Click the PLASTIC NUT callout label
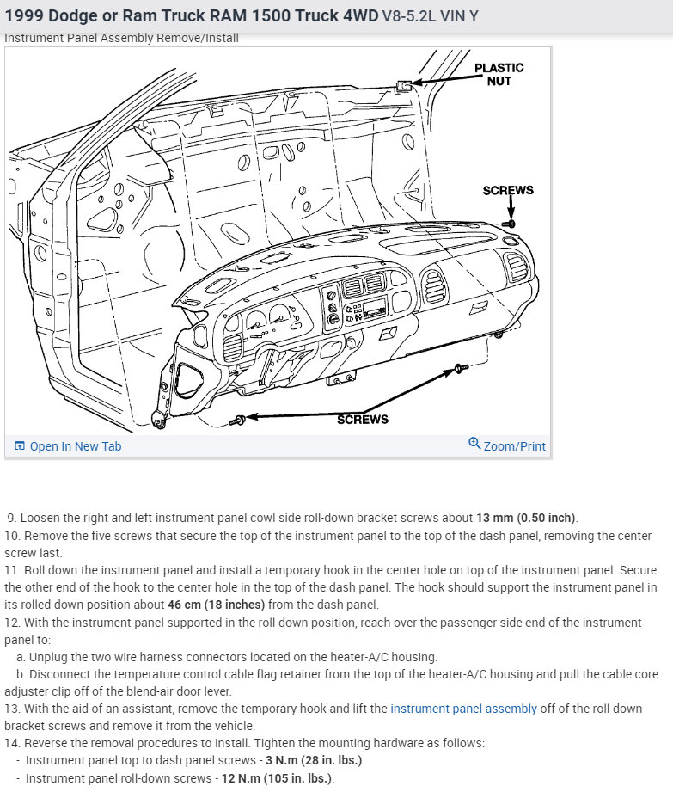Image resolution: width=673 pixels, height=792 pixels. click(x=499, y=74)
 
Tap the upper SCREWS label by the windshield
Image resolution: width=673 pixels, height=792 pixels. click(x=508, y=190)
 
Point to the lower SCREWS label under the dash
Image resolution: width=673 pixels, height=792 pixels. click(x=362, y=420)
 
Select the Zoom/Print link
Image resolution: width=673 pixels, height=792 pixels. click(x=514, y=446)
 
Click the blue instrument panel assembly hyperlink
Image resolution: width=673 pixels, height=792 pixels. click(x=463, y=709)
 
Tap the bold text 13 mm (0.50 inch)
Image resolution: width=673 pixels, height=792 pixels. click(x=526, y=518)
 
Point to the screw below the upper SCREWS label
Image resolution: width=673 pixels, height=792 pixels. click(x=509, y=224)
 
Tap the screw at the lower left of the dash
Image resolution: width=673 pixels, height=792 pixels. click(x=238, y=421)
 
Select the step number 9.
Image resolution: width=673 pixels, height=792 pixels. click(x=11, y=518)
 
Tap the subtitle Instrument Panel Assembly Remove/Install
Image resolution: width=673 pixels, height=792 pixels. click(x=121, y=38)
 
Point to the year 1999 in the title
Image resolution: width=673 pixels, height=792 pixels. click(x=25, y=16)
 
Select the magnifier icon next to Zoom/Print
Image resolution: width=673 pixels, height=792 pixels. click(x=474, y=444)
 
